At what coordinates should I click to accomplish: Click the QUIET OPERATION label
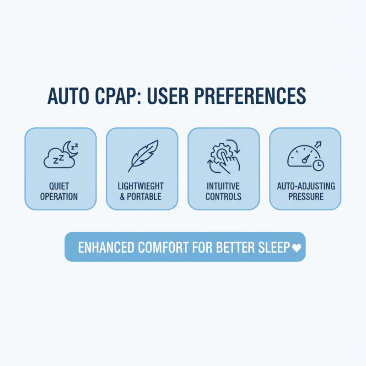pyautogui.click(x=60, y=192)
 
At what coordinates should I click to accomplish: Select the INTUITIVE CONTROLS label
pyautogui.click(x=224, y=192)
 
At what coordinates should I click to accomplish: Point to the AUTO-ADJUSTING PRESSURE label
pyautogui.click(x=305, y=192)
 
